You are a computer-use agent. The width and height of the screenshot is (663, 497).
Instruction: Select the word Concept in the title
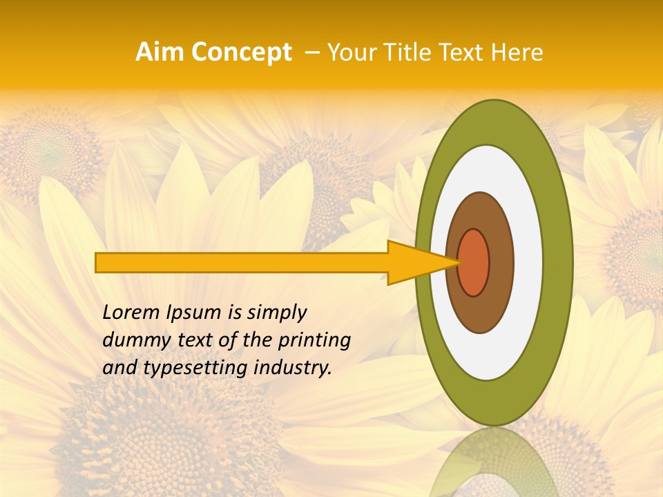[x=240, y=52]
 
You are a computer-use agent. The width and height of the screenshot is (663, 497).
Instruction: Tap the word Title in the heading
[x=398, y=52]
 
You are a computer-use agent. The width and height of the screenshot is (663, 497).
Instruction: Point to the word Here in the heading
[x=518, y=52]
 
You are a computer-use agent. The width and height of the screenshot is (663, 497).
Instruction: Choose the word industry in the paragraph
[x=291, y=368]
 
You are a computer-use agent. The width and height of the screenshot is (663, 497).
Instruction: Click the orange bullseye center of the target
[x=474, y=262]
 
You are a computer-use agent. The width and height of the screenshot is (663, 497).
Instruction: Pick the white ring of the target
[x=528, y=262]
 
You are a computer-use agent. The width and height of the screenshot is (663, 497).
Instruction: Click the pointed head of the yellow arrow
[x=421, y=262]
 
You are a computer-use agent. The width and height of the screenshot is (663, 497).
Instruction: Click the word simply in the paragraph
[x=276, y=313]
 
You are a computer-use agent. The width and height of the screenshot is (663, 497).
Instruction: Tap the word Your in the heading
[x=348, y=52]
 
